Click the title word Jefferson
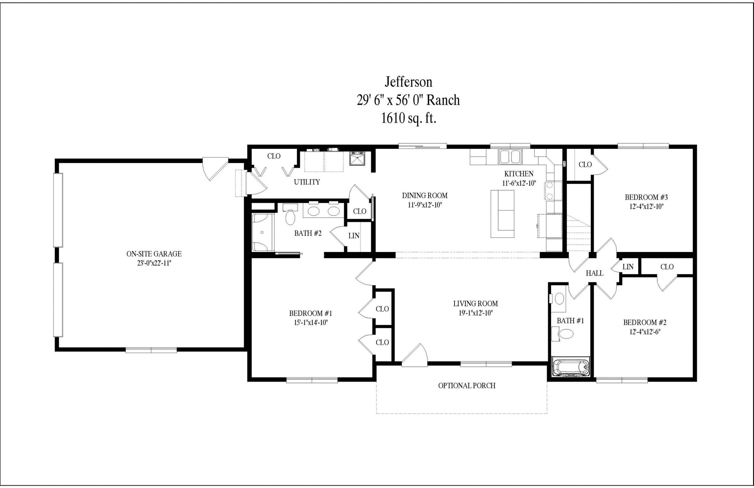click(x=408, y=82)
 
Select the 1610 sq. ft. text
click(x=408, y=118)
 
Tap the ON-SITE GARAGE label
click(x=154, y=254)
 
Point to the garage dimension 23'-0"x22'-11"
click(x=154, y=263)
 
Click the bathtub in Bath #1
click(x=571, y=367)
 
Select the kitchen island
click(x=502, y=214)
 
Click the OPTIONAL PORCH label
click(x=467, y=386)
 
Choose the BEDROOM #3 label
click(x=646, y=197)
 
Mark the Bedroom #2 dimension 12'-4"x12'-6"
click(x=645, y=332)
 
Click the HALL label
click(x=594, y=273)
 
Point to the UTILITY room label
click(x=307, y=182)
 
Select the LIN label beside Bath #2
click(x=354, y=236)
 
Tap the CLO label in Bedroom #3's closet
click(x=585, y=164)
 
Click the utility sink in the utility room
click(x=357, y=158)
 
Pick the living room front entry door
click(x=415, y=356)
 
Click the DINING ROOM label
click(x=425, y=196)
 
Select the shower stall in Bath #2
click(x=262, y=232)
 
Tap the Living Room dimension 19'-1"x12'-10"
click(x=476, y=313)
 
